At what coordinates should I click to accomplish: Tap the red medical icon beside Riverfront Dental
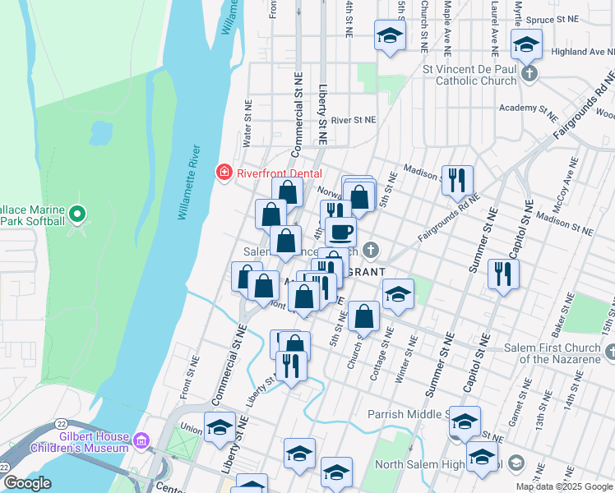[223, 173]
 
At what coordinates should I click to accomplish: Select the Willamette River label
[190, 182]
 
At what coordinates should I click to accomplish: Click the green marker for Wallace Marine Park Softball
[77, 215]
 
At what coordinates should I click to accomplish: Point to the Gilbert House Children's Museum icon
[141, 443]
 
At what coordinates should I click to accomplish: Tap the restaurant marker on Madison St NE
[457, 179]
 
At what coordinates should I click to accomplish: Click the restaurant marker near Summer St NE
[503, 273]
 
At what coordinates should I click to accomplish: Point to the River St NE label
[354, 120]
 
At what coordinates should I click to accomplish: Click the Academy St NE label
[529, 108]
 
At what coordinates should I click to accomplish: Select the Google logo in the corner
[27, 483]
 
